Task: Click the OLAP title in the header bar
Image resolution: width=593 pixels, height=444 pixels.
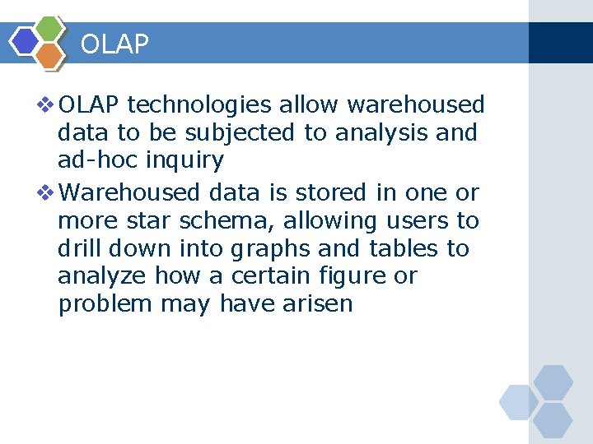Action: tap(114, 44)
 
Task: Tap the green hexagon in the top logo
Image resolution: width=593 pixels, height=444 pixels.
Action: tap(50, 28)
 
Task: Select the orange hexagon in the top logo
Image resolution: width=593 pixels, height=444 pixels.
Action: tap(49, 55)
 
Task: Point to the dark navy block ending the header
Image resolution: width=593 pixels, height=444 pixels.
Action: tap(560, 43)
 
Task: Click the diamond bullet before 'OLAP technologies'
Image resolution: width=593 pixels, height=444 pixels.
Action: tap(46, 105)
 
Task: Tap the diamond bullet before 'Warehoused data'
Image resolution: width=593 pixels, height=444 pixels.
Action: tap(46, 192)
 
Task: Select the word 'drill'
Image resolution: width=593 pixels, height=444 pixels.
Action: tap(79, 248)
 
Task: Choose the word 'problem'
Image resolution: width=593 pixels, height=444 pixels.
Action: tap(105, 304)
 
